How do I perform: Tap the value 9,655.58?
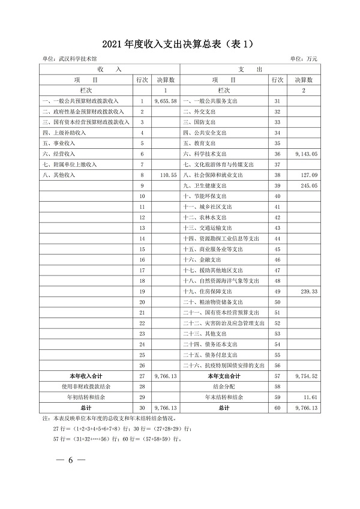166,101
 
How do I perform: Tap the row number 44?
277,238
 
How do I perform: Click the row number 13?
142,227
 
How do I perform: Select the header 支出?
251,69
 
